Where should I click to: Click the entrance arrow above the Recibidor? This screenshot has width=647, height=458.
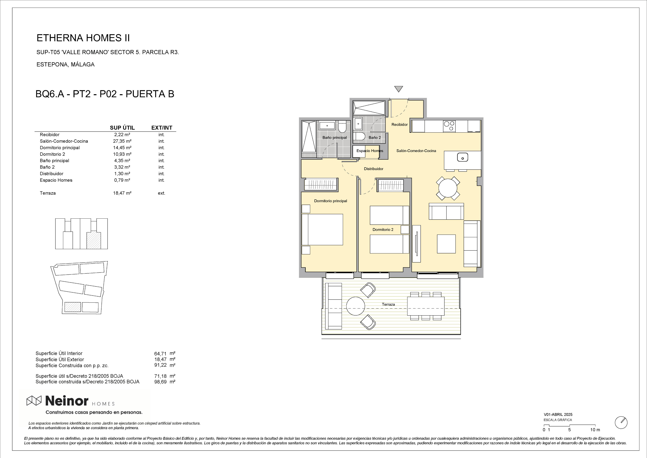pos(398,89)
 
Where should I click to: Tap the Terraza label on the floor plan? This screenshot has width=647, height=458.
pos(388,304)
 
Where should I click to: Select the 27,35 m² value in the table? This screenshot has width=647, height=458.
pos(122,141)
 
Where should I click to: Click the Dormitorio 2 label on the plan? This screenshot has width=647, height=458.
pos(383,229)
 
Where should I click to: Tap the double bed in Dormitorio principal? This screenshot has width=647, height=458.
pos(322,229)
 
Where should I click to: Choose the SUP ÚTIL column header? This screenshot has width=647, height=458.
pos(122,128)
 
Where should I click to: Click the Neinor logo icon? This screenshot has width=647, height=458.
pos(34,400)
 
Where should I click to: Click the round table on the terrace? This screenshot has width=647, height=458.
pos(356,306)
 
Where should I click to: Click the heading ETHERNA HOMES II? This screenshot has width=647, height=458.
pos(83,38)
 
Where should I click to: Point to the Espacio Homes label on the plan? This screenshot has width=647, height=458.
pos(370,151)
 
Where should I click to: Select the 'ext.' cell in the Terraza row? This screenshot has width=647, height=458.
pos(161,193)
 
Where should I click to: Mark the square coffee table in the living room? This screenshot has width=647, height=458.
pos(446,244)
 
